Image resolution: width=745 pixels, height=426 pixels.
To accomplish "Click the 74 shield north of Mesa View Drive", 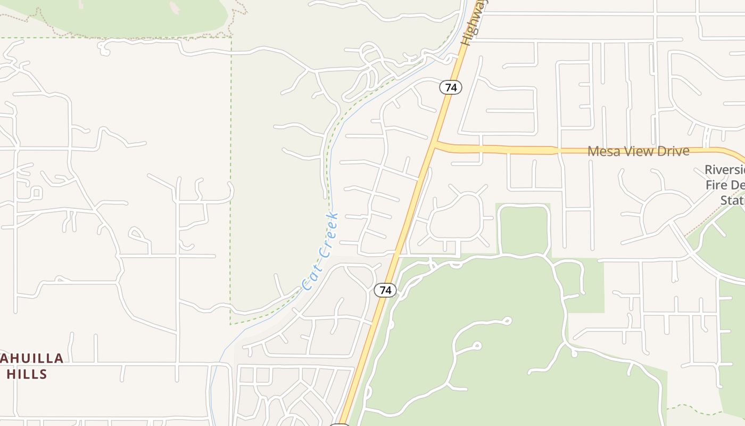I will pos(451,87).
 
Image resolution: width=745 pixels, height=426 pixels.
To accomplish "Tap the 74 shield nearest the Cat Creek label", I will pos(385,290).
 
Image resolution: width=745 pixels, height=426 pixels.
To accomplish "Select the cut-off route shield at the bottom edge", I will pos(339,424).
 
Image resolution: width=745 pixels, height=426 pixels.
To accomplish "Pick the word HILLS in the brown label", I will pos(27,374).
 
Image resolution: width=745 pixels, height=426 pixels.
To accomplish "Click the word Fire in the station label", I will pos(717,185).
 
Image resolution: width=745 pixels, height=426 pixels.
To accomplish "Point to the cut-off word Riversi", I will pos(724,170).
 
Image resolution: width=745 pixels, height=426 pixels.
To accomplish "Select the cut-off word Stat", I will pos(732,200).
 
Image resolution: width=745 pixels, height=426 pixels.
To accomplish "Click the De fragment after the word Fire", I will pos(738,185).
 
